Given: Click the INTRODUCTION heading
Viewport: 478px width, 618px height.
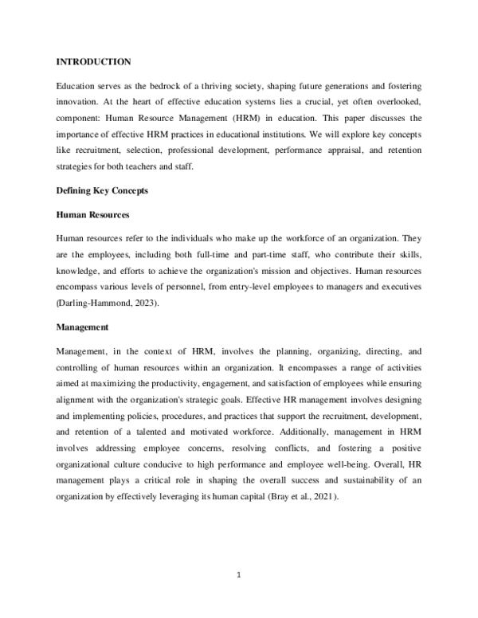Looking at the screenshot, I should pos(93,61).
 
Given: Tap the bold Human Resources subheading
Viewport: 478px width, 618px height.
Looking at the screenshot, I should pos(92,215).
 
